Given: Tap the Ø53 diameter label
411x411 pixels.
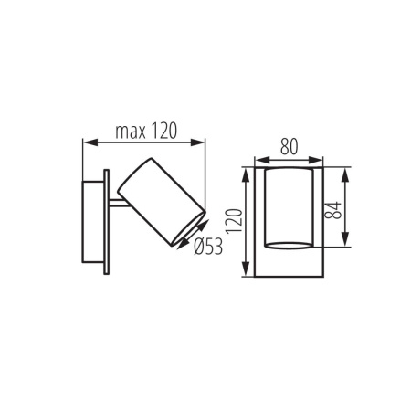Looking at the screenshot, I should (209, 246).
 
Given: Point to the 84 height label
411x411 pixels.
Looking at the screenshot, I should (334, 208).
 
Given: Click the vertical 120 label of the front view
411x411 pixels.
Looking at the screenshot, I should (233, 219).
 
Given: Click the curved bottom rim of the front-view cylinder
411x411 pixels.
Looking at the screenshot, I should (290, 245).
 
